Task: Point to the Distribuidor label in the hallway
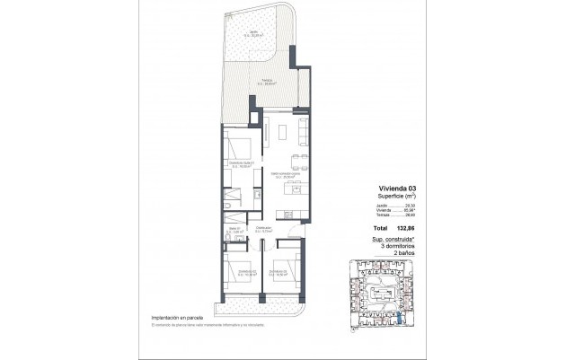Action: (x=264, y=229)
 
